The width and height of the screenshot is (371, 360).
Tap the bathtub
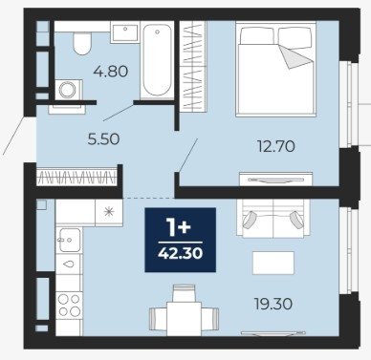(157, 60)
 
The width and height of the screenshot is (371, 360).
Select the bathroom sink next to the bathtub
(124, 32)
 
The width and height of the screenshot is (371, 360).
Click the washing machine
(68, 90)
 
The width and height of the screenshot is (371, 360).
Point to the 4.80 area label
(111, 72)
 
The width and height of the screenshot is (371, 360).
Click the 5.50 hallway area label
(103, 139)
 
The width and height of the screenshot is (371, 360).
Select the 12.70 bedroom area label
(276, 146)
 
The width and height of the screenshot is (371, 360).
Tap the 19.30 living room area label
(273, 304)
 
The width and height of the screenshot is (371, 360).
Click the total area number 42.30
(181, 254)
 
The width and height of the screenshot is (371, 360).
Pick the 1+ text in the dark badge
(180, 228)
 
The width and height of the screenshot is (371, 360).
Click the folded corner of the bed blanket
(295, 56)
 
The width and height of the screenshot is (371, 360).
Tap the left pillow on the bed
(257, 35)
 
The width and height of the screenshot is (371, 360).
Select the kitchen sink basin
(69, 240)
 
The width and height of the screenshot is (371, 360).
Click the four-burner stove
(69, 305)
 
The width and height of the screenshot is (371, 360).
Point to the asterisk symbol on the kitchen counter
(109, 212)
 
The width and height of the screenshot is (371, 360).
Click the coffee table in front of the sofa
(273, 263)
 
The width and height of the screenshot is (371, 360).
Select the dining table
(184, 319)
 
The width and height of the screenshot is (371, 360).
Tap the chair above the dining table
(184, 293)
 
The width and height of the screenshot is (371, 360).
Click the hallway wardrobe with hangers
(76, 177)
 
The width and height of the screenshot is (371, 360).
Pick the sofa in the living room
(273, 219)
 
